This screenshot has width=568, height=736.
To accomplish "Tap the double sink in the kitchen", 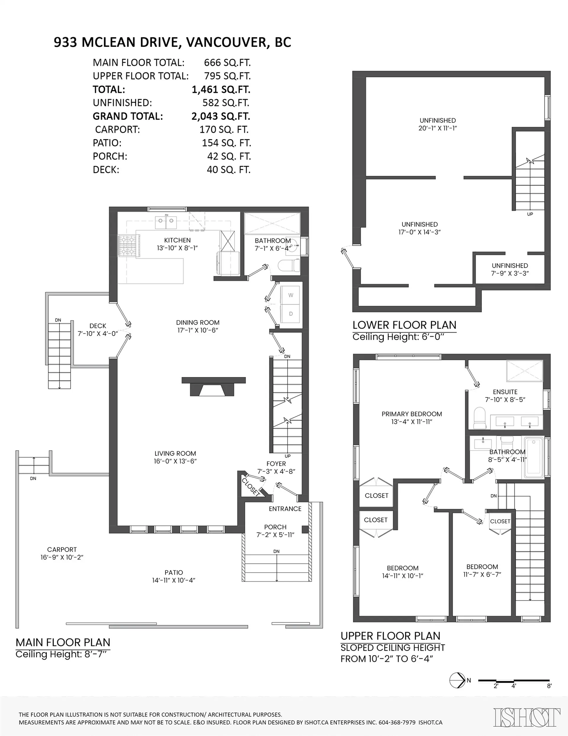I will (166, 222).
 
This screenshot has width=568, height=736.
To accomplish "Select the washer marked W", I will (291, 296).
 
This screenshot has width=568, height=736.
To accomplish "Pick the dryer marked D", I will (291, 314).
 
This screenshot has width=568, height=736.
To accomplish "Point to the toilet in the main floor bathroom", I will (290, 265).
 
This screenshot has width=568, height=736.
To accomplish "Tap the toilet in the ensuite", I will (480, 418).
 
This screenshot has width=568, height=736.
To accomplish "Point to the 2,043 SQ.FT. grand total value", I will (221, 116).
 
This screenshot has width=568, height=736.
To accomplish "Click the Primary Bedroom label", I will (412, 414).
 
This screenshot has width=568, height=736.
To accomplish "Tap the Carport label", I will (62, 550).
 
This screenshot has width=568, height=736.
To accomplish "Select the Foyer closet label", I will (251, 487).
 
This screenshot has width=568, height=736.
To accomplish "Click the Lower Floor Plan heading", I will (404, 325).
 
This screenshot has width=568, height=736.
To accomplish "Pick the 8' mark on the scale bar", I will (549, 686).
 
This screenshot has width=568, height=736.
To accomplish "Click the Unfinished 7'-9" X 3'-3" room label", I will (510, 269).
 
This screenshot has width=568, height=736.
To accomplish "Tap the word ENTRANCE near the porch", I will (285, 509).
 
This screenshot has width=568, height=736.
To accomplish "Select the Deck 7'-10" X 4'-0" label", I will (98, 330).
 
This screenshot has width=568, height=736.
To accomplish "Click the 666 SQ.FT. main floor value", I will (227, 63).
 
